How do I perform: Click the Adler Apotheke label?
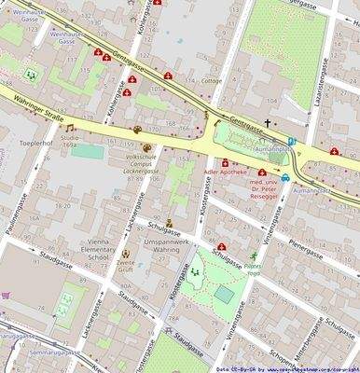click(228, 173)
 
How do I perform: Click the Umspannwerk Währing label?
click(154, 244)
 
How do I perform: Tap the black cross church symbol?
click(267, 122)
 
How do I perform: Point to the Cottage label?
click(211, 81)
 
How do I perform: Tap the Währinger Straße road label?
click(36, 101)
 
